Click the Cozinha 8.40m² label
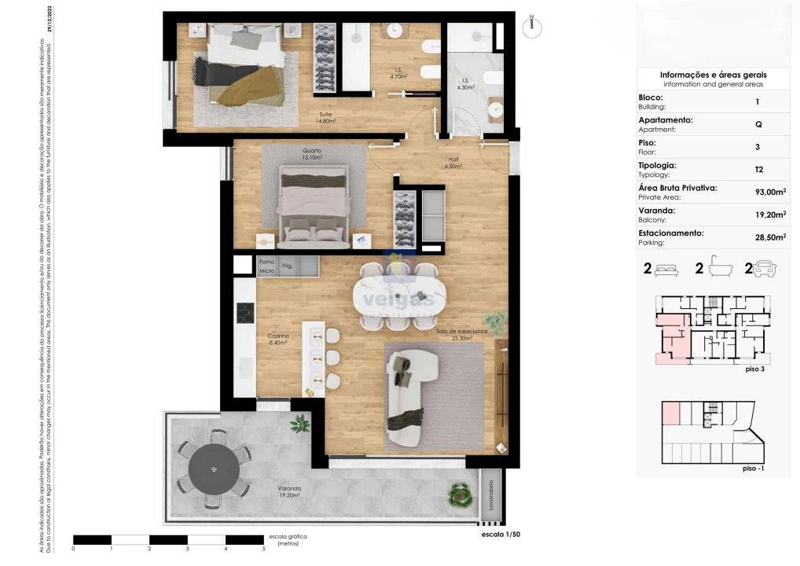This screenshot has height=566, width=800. point(277,339)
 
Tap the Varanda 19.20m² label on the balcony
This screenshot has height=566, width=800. point(288,492)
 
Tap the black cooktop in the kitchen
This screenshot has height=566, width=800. point(244,312)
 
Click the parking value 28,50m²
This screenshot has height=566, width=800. point(770,237)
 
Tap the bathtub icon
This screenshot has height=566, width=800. point(721,269)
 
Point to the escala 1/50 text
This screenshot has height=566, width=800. point(500,534)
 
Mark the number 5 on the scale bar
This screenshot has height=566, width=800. point(263,549)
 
